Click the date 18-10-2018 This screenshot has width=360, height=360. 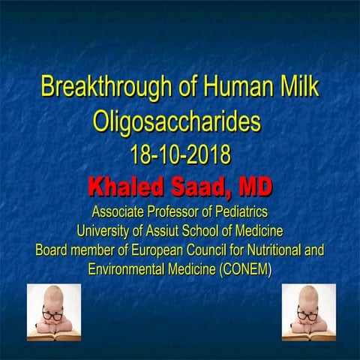point(180,154)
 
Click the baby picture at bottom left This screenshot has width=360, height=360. point(54,312)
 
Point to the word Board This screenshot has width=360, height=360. point(54,250)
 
